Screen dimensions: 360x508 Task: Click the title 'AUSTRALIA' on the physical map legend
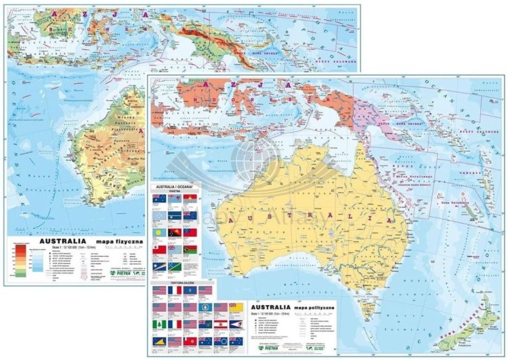coord(63,241)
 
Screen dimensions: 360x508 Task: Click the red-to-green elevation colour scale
coord(21,261)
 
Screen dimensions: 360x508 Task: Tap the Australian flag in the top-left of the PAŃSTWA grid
coord(158,200)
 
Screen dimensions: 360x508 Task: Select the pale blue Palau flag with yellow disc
coord(158,233)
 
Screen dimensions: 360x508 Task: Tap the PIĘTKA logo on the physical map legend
coord(117,273)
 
